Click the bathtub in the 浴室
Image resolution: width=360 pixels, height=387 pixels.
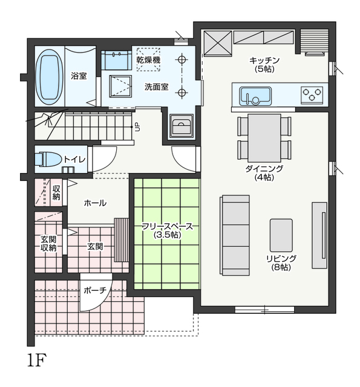point(49,77)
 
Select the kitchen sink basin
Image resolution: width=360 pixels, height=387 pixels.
point(255,96)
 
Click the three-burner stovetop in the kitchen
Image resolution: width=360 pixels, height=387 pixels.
point(312,95)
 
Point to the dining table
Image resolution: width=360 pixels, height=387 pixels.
point(264,138)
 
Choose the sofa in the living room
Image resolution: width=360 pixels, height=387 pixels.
point(234,235)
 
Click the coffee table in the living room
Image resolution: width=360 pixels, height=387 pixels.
point(281,235)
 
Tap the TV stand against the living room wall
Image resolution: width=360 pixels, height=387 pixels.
point(319,235)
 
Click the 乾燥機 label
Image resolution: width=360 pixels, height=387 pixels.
point(148,60)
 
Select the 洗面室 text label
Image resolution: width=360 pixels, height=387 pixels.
point(156,87)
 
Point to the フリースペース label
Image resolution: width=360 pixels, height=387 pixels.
point(167,226)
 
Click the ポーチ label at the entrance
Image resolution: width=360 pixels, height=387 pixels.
point(95,290)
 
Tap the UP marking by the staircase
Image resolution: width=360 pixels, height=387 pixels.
point(137,128)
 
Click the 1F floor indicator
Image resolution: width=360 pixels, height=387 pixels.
point(37,360)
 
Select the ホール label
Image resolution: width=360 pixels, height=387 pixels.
point(95,203)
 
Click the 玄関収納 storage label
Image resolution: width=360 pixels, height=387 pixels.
point(48,243)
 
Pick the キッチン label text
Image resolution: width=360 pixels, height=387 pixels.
point(264,60)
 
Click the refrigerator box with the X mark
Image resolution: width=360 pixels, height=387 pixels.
point(218,42)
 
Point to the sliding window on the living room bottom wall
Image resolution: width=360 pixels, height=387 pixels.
point(264,310)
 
